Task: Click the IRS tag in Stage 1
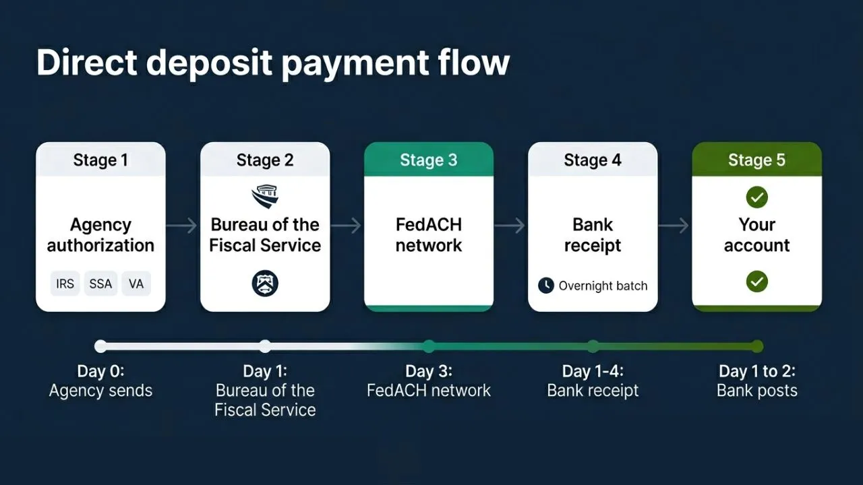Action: pyautogui.click(x=65, y=284)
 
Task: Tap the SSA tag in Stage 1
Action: pyautogui.click(x=100, y=284)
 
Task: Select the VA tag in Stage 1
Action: pyautogui.click(x=136, y=284)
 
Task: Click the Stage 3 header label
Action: pyautogui.click(x=429, y=160)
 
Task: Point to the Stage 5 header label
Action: pyautogui.click(x=756, y=160)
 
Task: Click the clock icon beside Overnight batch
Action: pyautogui.click(x=545, y=286)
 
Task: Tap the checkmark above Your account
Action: pyautogui.click(x=756, y=197)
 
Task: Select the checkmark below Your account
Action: pyautogui.click(x=756, y=281)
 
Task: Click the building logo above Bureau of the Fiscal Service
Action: pyautogui.click(x=264, y=197)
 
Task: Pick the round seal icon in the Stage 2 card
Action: pyautogui.click(x=264, y=283)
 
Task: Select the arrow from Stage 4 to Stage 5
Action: pyautogui.click(x=674, y=226)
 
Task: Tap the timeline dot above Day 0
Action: pyautogui.click(x=100, y=346)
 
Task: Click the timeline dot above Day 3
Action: pyautogui.click(x=429, y=346)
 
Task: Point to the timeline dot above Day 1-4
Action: pyautogui.click(x=593, y=346)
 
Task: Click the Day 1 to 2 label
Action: pyautogui.click(x=756, y=371)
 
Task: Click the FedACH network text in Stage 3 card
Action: pyautogui.click(x=429, y=234)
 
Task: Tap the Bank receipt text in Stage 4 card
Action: pyautogui.click(x=593, y=234)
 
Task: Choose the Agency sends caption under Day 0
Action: pyautogui.click(x=100, y=391)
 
